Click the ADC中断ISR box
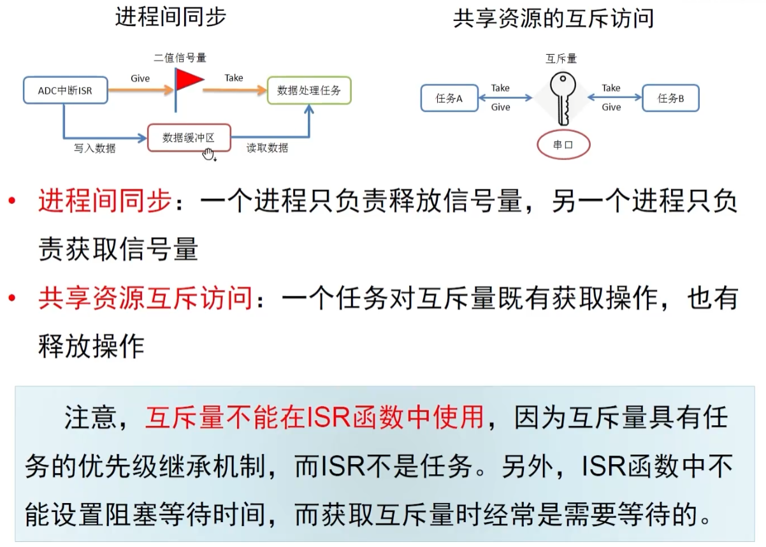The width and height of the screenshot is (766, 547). pyautogui.click(x=64, y=91)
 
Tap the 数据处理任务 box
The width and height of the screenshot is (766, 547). pyautogui.click(x=309, y=91)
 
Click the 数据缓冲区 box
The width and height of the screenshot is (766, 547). pyautogui.click(x=189, y=138)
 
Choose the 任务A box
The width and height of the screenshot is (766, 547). pyautogui.click(x=449, y=99)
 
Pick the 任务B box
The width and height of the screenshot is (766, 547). pyautogui.click(x=670, y=99)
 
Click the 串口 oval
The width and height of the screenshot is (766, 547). pyautogui.click(x=563, y=145)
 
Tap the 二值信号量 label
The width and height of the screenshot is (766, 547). pyautogui.click(x=180, y=58)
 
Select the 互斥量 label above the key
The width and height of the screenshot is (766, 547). pyautogui.click(x=561, y=59)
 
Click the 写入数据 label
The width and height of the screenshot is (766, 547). pyautogui.click(x=95, y=149)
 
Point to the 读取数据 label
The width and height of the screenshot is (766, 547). pyautogui.click(x=268, y=148)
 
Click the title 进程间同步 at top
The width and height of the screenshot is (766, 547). pyautogui.click(x=171, y=17)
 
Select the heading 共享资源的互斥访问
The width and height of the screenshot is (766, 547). pyautogui.click(x=553, y=18)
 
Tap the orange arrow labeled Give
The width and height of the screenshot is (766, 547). pyautogui.click(x=140, y=91)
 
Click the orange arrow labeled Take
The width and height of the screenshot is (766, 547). pyautogui.click(x=234, y=91)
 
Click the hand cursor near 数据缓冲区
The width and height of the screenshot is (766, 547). pyautogui.click(x=208, y=154)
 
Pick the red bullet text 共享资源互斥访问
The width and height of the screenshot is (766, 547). pyautogui.click(x=145, y=298)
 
